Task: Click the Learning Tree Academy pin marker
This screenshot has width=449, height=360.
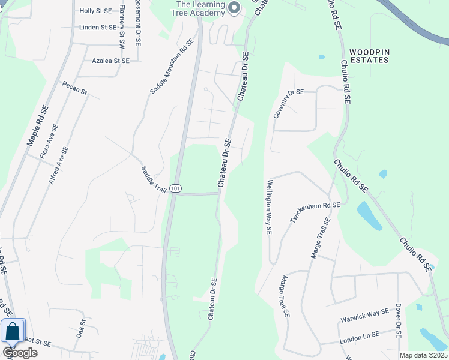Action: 235,8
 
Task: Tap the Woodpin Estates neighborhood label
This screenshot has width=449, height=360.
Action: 369,56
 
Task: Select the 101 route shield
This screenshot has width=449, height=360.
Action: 175,188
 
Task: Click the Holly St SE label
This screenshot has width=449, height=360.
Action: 97,11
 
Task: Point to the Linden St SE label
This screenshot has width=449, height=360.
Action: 97,27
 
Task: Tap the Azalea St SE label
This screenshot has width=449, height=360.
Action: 110,61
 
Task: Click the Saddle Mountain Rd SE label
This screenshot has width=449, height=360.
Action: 172,66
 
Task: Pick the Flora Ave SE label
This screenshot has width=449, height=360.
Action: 49,141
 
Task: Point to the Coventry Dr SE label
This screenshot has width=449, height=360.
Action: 289,103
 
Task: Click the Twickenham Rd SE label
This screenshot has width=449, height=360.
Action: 315,213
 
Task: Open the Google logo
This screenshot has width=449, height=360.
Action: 20,353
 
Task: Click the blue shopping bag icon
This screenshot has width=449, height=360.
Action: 12,331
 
